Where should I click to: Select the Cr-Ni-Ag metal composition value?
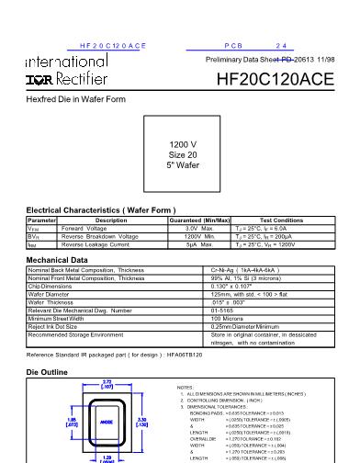point(240,270)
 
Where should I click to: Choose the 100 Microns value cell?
point(228,316)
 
